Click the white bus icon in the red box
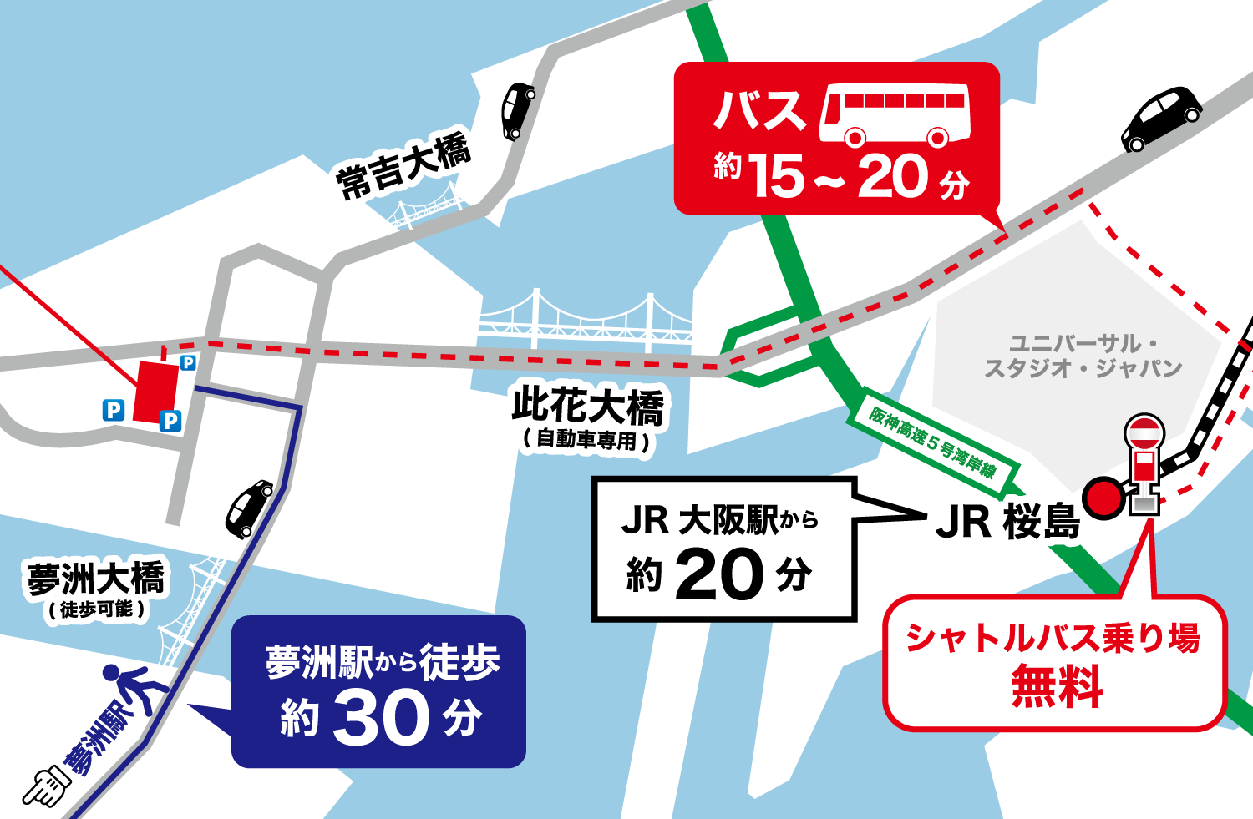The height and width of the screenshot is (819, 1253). click(894, 114)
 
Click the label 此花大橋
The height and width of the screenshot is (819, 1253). click(588, 407)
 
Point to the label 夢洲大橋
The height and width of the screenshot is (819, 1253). click(96, 579)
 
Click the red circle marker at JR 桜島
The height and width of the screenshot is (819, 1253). click(1103, 498)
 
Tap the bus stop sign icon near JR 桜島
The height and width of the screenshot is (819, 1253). click(1144, 463)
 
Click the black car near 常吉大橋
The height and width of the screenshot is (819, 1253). click(517, 109)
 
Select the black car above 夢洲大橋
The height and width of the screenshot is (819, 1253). click(249, 508)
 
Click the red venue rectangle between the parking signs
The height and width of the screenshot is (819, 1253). click(156, 391)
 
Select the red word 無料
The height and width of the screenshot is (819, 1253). click(1057, 686)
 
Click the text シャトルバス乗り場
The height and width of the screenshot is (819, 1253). click(1053, 639)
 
